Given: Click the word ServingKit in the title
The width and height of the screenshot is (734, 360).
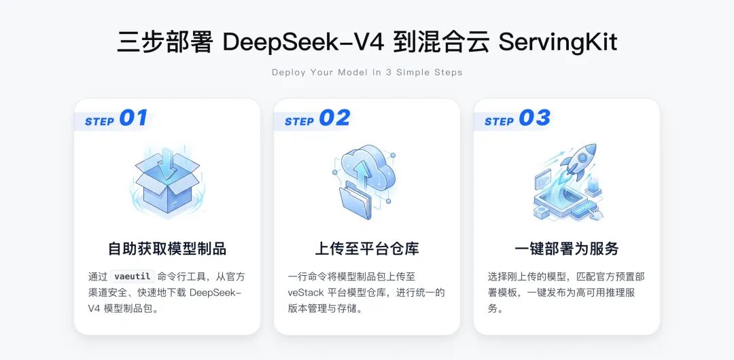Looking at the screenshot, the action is coord(558,43).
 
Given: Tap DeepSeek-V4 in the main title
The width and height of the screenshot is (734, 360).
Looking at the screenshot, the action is coord(303,42).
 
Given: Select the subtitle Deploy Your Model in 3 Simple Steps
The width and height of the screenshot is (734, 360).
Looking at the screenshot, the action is coord(367,73).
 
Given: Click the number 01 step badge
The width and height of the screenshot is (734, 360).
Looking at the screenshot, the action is coord(133,118).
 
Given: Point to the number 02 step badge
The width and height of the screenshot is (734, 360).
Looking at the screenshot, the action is coord(334,118).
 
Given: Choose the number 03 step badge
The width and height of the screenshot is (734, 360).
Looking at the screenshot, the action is coord(535,118).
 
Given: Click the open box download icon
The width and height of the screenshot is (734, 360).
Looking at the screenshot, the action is coord(167,181).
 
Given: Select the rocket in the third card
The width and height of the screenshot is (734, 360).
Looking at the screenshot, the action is coord(578,162).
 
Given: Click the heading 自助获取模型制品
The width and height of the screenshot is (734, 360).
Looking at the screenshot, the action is coord(167,249).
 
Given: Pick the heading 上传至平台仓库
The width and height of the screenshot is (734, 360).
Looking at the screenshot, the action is coord(367,249).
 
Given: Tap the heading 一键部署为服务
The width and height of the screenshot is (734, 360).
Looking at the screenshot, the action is coord(567,249).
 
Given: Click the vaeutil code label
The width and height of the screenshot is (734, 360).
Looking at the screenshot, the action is coord(132,276).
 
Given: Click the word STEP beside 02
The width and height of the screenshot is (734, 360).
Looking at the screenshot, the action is coord(299,122).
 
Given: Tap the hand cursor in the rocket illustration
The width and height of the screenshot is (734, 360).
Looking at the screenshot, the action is coord(597,213).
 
